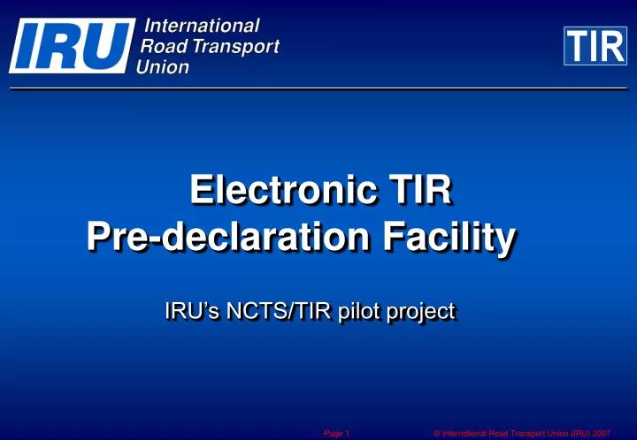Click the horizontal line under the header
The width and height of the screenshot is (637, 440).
(x=318, y=88)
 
